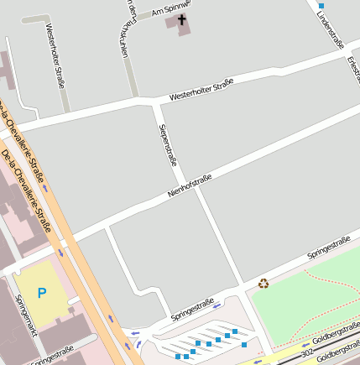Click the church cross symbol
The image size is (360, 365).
click(x=182, y=18)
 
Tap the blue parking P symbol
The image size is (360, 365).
click(x=42, y=293)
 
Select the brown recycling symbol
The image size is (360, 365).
click(x=263, y=284)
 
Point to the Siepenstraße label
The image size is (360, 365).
click(x=168, y=144)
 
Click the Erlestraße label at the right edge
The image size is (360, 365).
click(x=353, y=67)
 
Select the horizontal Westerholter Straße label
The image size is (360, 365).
click(x=201, y=90)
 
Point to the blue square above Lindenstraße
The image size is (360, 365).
click(x=321, y=5)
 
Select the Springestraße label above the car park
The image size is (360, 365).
click(x=192, y=310)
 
